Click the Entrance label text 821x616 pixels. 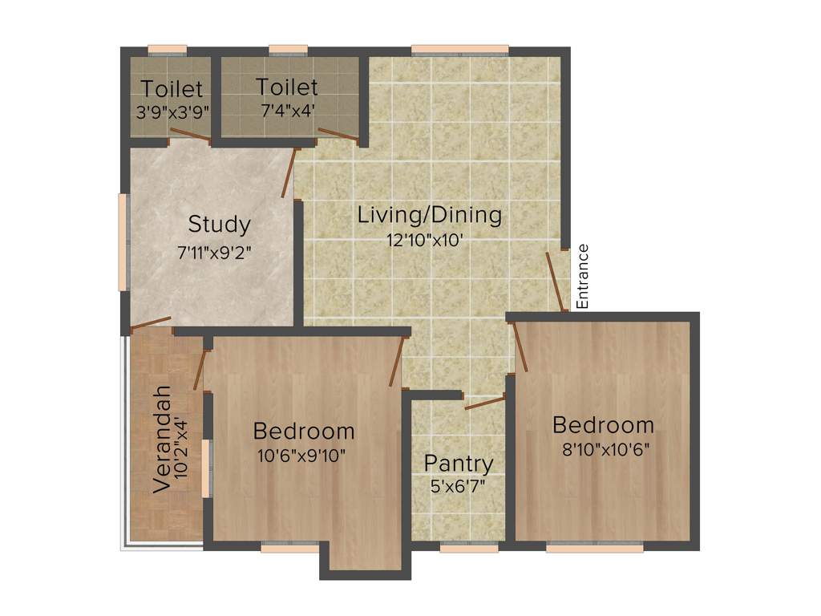point(583,276)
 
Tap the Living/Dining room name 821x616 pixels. point(430,215)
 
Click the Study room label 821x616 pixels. point(219,224)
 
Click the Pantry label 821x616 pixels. point(459,463)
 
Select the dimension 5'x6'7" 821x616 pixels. point(459,486)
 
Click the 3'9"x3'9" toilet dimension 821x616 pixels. point(172,111)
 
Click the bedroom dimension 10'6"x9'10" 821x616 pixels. point(303,455)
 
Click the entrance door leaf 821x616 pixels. point(553,280)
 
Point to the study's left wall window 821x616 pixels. point(123,241)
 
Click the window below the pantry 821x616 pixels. point(469,549)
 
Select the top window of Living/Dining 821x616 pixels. point(459,49)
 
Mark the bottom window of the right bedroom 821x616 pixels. point(594,549)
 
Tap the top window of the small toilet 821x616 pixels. point(168,49)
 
